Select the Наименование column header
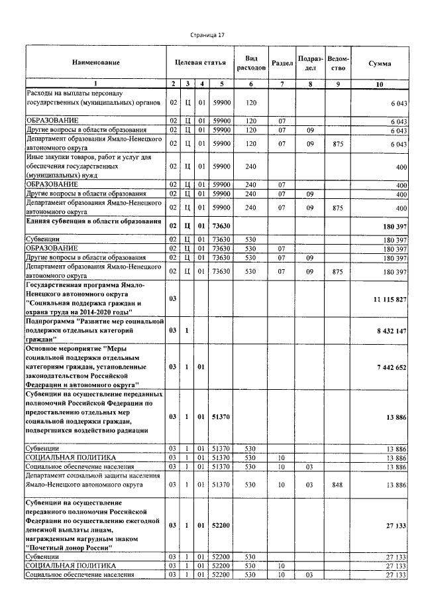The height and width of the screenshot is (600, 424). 96,63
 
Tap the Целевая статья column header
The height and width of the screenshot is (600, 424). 200,62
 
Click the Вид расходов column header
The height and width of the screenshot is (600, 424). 251,63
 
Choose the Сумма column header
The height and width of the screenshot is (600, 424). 380,63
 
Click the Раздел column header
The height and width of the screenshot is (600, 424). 282,63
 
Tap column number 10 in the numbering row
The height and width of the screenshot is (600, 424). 380,84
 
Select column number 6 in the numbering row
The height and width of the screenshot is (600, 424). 251,84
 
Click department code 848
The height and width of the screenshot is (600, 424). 337,485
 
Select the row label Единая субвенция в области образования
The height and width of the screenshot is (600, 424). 93,221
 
